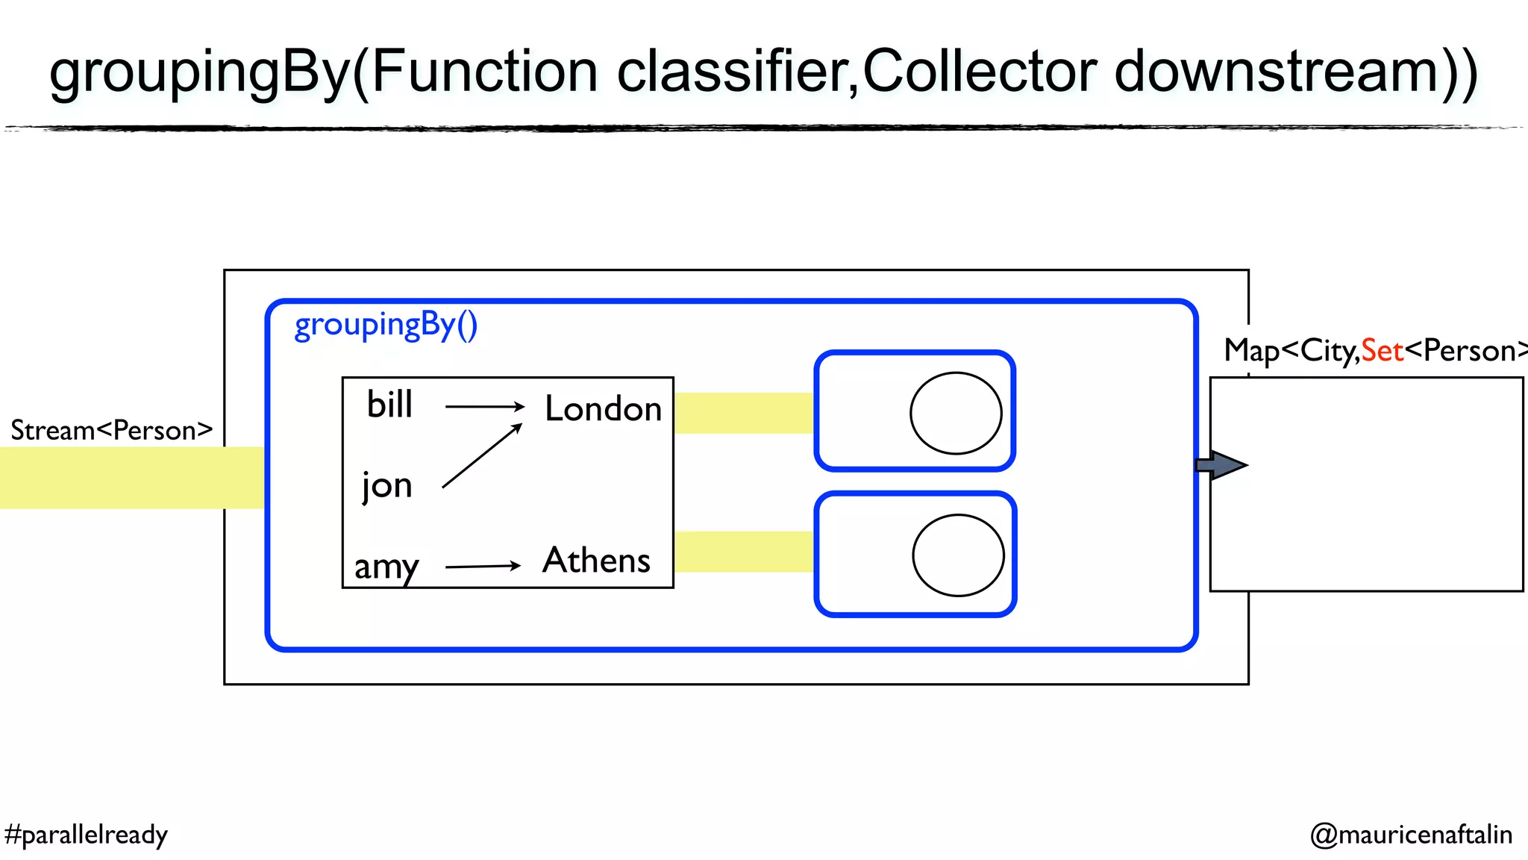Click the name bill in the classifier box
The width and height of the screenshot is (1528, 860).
pyautogui.click(x=389, y=405)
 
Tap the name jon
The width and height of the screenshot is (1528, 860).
pyautogui.click(x=386, y=486)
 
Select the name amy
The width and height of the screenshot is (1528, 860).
pyautogui.click(x=386, y=567)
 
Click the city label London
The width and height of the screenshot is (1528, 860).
pyautogui.click(x=603, y=408)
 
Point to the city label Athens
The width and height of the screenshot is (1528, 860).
pyautogui.click(x=596, y=561)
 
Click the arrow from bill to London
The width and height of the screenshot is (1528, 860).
pyautogui.click(x=485, y=406)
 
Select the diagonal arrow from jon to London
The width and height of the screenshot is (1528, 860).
pyautogui.click(x=482, y=455)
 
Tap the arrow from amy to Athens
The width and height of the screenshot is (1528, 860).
pyautogui.click(x=483, y=567)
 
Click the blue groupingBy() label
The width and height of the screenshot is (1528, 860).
pyautogui.click(x=386, y=325)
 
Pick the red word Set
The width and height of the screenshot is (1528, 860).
pyautogui.click(x=1382, y=351)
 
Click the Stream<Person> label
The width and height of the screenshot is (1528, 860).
pyautogui.click(x=111, y=431)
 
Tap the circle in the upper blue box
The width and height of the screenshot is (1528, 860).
pyautogui.click(x=956, y=413)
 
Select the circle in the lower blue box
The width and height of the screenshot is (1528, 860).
pyautogui.click(x=958, y=555)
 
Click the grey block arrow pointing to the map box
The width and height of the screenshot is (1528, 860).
pyautogui.click(x=1221, y=465)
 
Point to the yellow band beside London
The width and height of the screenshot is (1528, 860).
pyautogui.click(x=743, y=413)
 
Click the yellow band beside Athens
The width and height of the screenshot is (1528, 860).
pyautogui.click(x=743, y=552)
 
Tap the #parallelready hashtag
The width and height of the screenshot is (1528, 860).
pyautogui.click(x=86, y=834)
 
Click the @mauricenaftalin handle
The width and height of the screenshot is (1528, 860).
pyautogui.click(x=1411, y=834)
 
